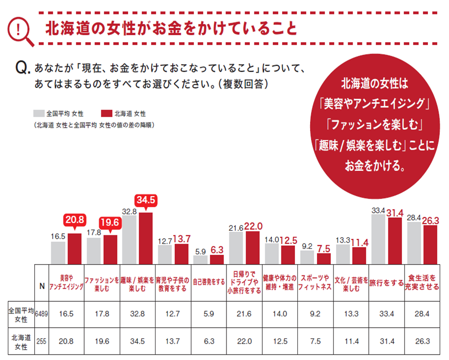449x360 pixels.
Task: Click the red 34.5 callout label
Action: [x=145, y=200]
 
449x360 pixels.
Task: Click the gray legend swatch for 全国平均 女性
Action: [x=40, y=113]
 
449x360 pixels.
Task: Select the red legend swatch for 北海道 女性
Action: [x=105, y=113]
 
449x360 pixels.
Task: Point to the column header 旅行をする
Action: [x=386, y=283]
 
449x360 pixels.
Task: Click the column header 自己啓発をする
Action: [x=208, y=282]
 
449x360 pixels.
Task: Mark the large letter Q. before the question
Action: [x=23, y=68]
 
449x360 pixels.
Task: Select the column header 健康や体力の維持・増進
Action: [x=279, y=283]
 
